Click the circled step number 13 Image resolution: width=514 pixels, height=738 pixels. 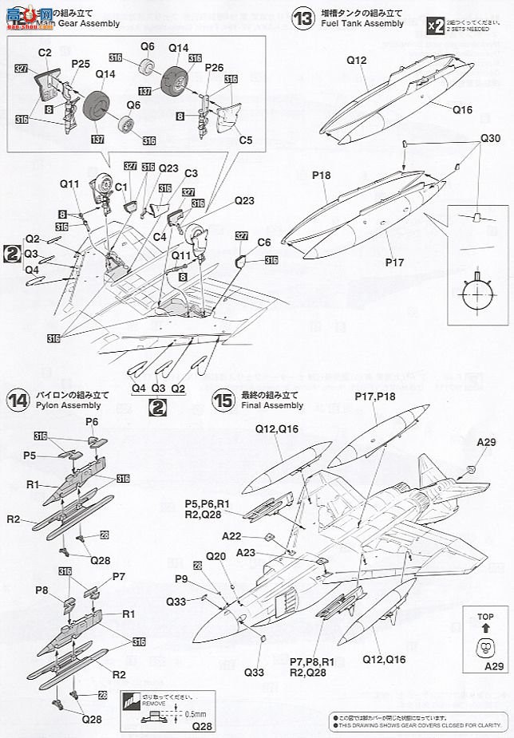[x=302, y=18]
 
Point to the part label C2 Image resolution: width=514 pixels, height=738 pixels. [x=45, y=52]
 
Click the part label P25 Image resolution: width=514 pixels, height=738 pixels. [x=80, y=63]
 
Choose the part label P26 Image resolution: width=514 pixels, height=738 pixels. [x=215, y=68]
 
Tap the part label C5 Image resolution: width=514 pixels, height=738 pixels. [x=246, y=140]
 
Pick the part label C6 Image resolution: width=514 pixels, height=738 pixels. [x=264, y=243]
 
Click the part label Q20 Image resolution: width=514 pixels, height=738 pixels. [x=216, y=556]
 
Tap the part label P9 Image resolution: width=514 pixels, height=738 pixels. [x=182, y=579]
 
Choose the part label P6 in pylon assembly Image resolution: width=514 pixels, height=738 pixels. [x=92, y=421]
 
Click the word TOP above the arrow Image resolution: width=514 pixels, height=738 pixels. [x=486, y=617]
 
